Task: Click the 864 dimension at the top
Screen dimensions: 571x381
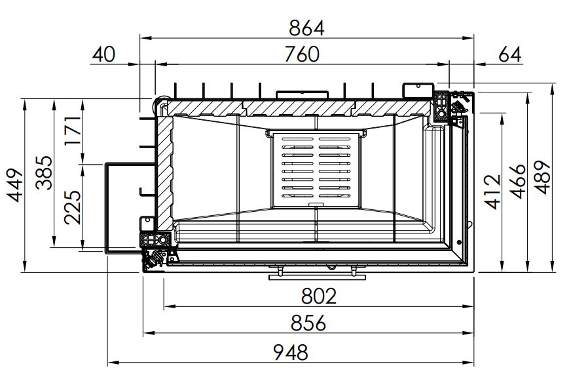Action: (306, 28)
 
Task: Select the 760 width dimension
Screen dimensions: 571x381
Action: (302, 54)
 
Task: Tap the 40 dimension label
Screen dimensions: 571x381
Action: (103, 54)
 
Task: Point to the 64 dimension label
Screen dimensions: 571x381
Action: (510, 54)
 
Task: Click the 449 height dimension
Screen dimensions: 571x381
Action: (16, 185)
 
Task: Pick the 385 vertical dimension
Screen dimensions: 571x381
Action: (44, 173)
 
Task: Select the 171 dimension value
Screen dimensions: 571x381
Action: (73, 130)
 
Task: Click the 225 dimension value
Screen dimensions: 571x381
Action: (73, 207)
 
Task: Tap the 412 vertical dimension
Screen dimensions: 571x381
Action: (494, 192)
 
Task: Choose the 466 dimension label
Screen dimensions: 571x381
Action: (519, 182)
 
